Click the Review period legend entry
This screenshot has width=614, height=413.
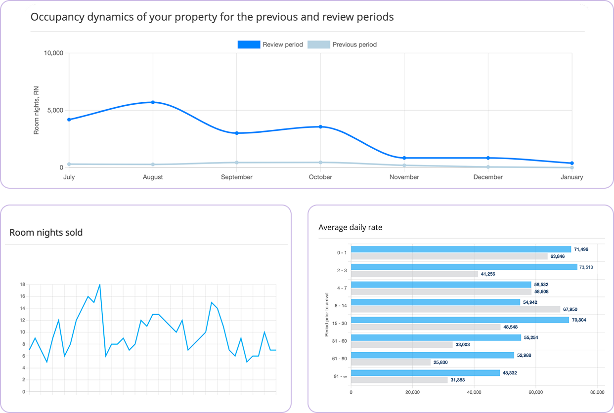pyautogui.click(x=270, y=44)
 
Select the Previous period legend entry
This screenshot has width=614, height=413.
pyautogui.click(x=342, y=44)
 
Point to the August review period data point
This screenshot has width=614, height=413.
pyautogui.click(x=153, y=102)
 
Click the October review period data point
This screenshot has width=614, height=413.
pyautogui.click(x=320, y=127)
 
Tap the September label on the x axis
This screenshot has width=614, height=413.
pyautogui.click(x=237, y=177)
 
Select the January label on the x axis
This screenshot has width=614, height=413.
pyautogui.click(x=572, y=177)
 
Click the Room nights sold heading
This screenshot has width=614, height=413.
pyautogui.click(x=46, y=232)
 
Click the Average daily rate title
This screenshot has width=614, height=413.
pyautogui.click(x=350, y=227)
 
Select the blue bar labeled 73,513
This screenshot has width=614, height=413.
pyautogui.click(x=464, y=267)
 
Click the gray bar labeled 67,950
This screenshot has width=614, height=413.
pyautogui.click(x=455, y=309)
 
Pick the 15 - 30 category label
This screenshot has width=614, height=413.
pyautogui.click(x=340, y=324)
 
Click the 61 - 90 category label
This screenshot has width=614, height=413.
pyautogui.click(x=340, y=359)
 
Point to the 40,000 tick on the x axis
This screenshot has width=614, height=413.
pyautogui.click(x=474, y=392)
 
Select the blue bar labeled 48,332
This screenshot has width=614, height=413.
pyautogui.click(x=425, y=372)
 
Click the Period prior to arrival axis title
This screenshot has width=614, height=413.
pyautogui.click(x=327, y=314)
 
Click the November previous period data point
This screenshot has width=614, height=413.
pyautogui.click(x=404, y=165)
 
